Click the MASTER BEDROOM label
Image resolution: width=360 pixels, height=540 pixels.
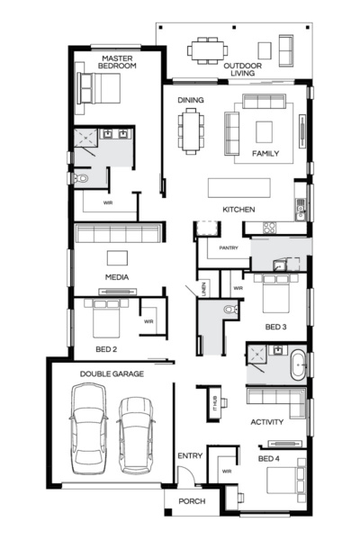click(x=117, y=62)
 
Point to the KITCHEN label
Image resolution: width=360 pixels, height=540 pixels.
click(x=239, y=210)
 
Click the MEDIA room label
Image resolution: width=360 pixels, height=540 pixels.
click(x=116, y=277)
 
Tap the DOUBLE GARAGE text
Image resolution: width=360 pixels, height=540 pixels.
click(x=112, y=373)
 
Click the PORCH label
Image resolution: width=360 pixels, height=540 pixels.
click(x=193, y=500)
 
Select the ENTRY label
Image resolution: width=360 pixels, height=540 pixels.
click(x=190, y=456)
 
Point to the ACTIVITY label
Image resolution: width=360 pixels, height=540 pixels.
click(x=267, y=421)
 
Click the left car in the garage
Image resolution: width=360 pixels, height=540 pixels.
click(x=90, y=427)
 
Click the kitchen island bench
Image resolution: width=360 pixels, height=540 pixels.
click(x=238, y=187)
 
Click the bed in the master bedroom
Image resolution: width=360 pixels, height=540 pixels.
click(x=101, y=89)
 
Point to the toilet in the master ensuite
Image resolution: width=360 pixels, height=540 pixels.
click(x=83, y=179)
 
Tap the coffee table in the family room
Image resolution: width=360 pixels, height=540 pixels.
click(x=264, y=131)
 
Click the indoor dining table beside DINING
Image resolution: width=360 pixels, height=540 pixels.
click(x=192, y=130)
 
